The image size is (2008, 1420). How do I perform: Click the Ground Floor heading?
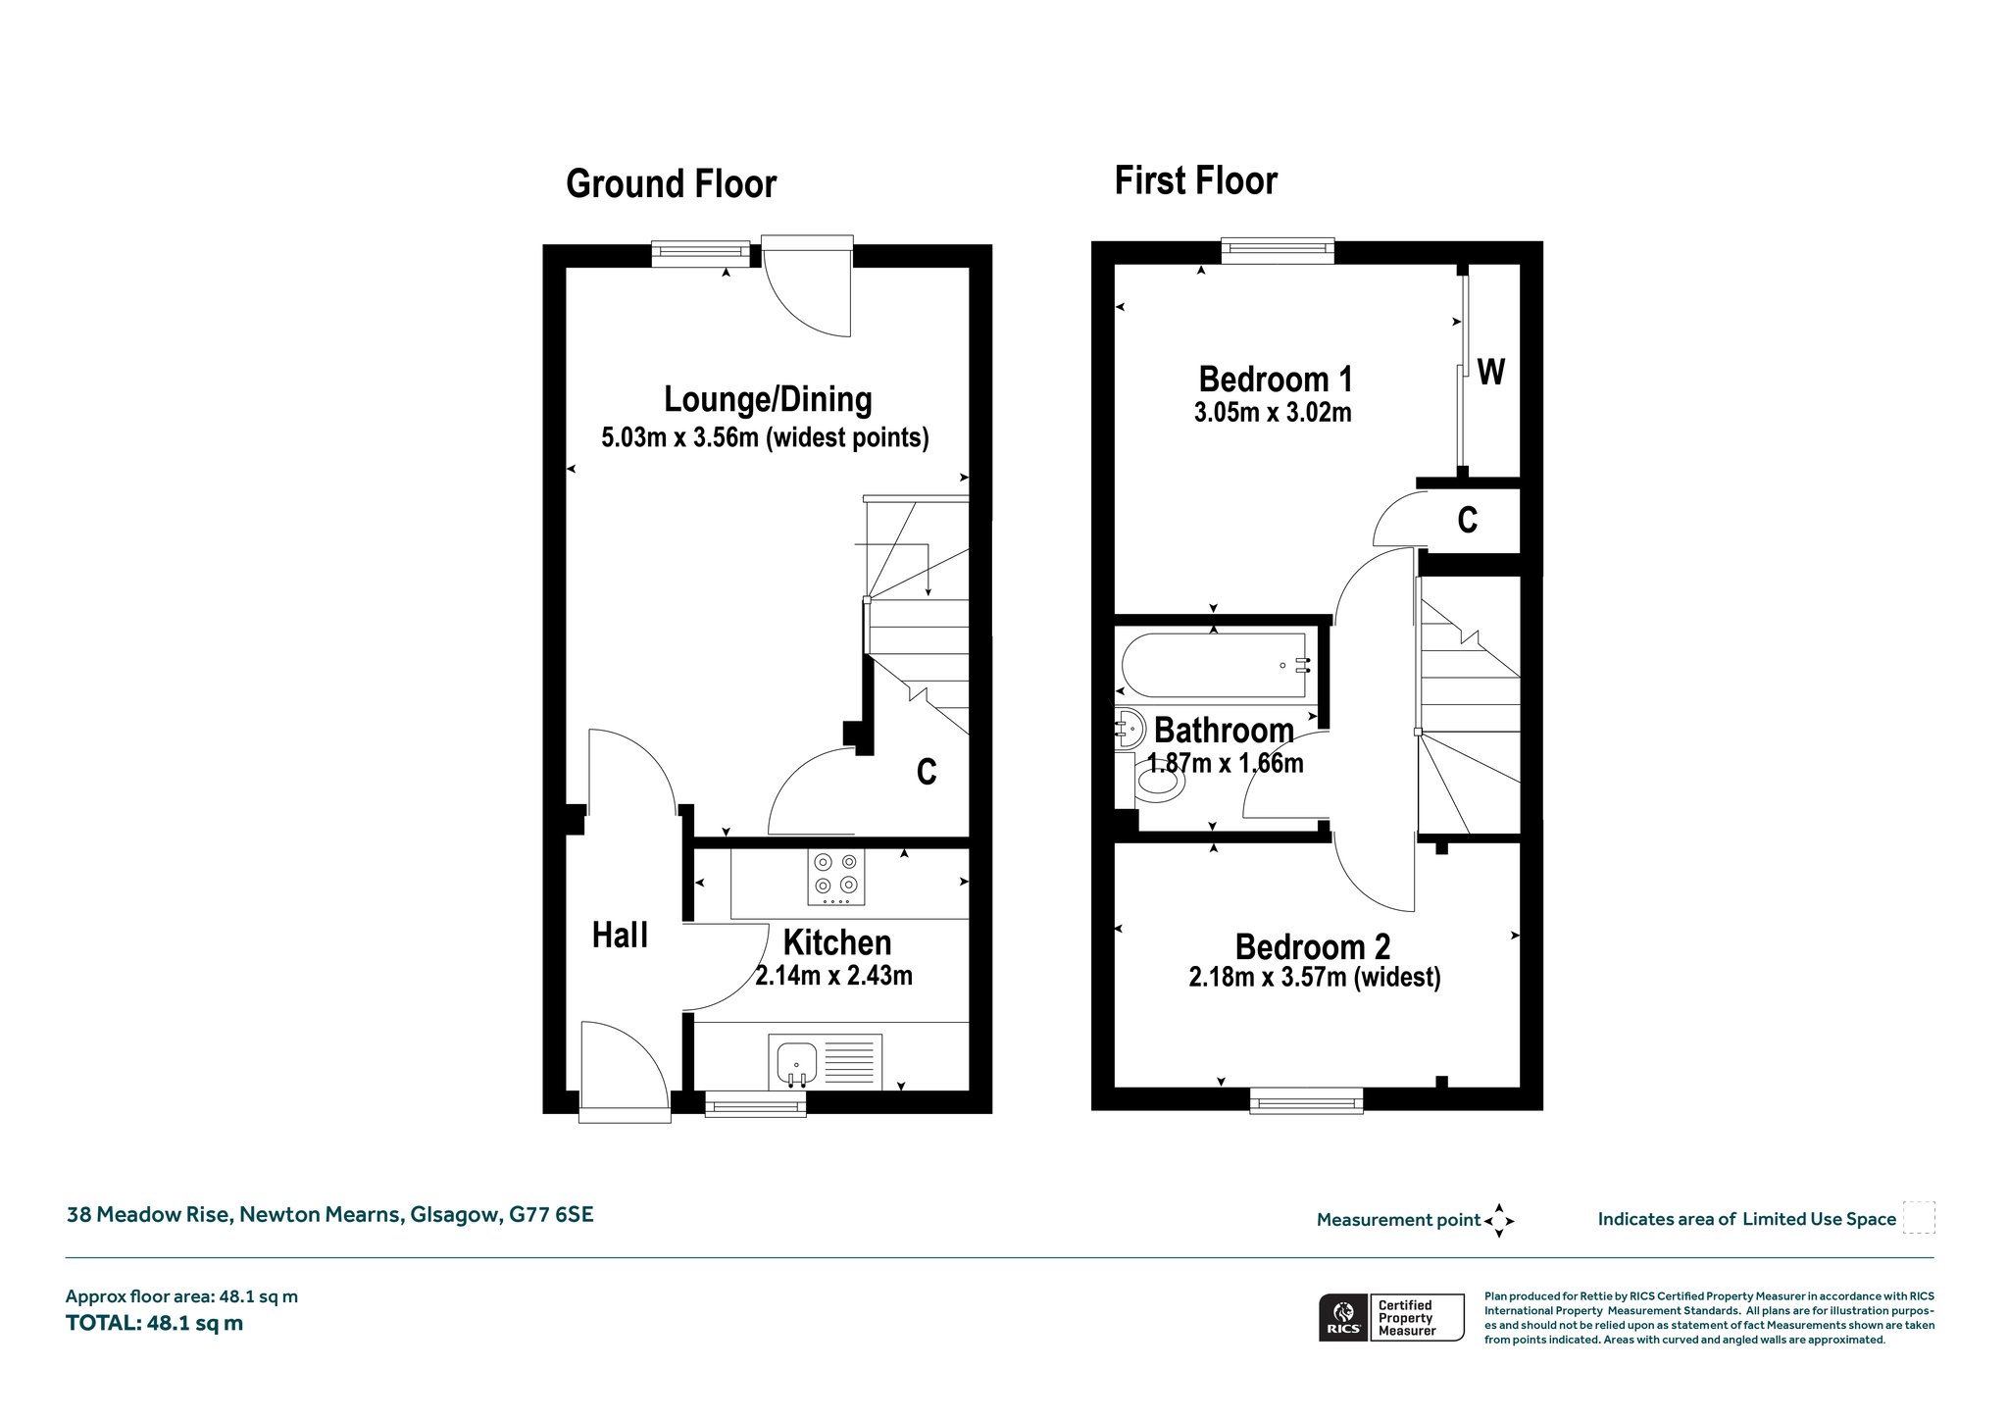(x=672, y=184)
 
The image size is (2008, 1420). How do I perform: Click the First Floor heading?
(x=1196, y=181)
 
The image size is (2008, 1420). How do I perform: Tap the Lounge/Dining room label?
(x=768, y=399)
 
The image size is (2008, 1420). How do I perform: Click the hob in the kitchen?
(x=836, y=876)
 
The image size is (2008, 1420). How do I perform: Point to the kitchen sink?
(x=796, y=1063)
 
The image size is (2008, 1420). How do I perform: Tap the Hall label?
(x=621, y=936)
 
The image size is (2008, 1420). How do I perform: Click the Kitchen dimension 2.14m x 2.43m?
(x=834, y=976)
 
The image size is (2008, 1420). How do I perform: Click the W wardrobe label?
(x=1490, y=373)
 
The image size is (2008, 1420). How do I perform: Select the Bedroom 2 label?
(x=1313, y=946)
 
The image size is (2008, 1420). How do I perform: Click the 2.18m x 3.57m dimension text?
(x=1315, y=978)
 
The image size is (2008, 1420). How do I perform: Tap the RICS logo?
(x=1344, y=1317)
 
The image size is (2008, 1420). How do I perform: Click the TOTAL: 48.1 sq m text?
(x=155, y=1323)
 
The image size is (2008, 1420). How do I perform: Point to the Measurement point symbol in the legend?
(x=1499, y=1221)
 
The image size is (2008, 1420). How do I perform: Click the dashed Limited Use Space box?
(x=1918, y=1217)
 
